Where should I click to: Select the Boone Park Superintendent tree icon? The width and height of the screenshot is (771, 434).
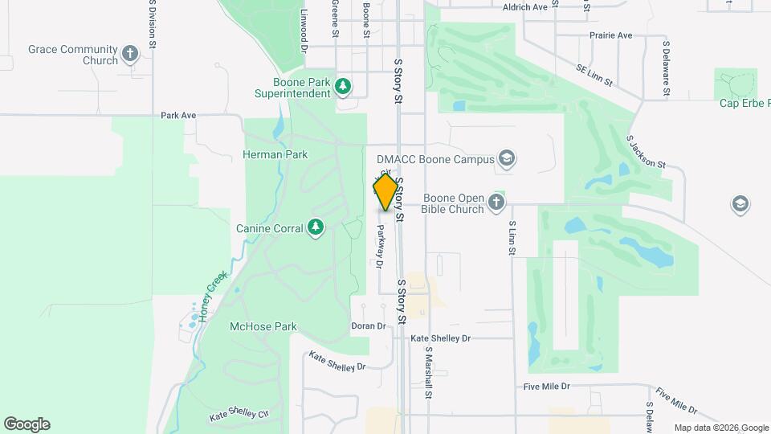tap(344, 85)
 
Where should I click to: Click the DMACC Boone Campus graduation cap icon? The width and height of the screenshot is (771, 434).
tap(506, 158)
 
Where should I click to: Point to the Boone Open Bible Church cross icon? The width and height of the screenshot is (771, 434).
tap(497, 203)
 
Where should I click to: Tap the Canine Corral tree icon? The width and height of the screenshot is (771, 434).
tap(316, 228)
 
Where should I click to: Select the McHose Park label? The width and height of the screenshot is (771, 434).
tap(263, 327)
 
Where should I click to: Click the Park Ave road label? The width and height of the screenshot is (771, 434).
tap(178, 115)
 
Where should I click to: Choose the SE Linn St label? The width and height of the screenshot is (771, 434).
tap(594, 76)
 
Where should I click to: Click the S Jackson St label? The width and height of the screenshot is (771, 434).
tap(647, 152)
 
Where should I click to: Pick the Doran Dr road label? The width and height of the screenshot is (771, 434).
tap(369, 326)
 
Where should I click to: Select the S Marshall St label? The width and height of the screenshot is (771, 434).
tap(429, 374)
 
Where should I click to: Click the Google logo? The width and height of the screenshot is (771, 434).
tap(27, 424)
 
